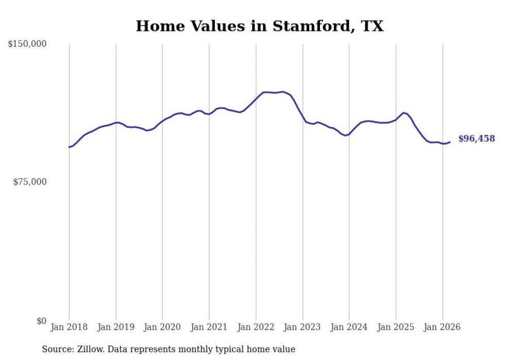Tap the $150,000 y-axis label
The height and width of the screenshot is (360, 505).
[27, 44]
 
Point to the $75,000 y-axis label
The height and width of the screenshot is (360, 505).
[29, 182]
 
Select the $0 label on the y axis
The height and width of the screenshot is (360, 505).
[41, 321]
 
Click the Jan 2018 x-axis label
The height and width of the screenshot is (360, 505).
[69, 327]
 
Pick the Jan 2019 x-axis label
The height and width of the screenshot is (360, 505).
[116, 327]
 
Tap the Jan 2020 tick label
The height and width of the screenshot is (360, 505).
[162, 327]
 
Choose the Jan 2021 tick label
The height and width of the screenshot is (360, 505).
[209, 327]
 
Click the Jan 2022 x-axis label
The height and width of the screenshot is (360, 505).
[256, 327]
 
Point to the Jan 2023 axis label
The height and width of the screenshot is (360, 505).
[302, 327]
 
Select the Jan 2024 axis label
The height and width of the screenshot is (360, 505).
[349, 327]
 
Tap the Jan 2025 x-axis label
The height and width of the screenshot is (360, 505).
[396, 327]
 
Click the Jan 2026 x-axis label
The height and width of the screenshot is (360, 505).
[443, 327]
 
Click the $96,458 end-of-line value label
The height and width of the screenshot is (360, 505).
[476, 139]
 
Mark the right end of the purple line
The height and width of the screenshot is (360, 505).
[450, 142]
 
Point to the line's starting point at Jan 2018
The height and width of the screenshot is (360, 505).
[69, 147]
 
